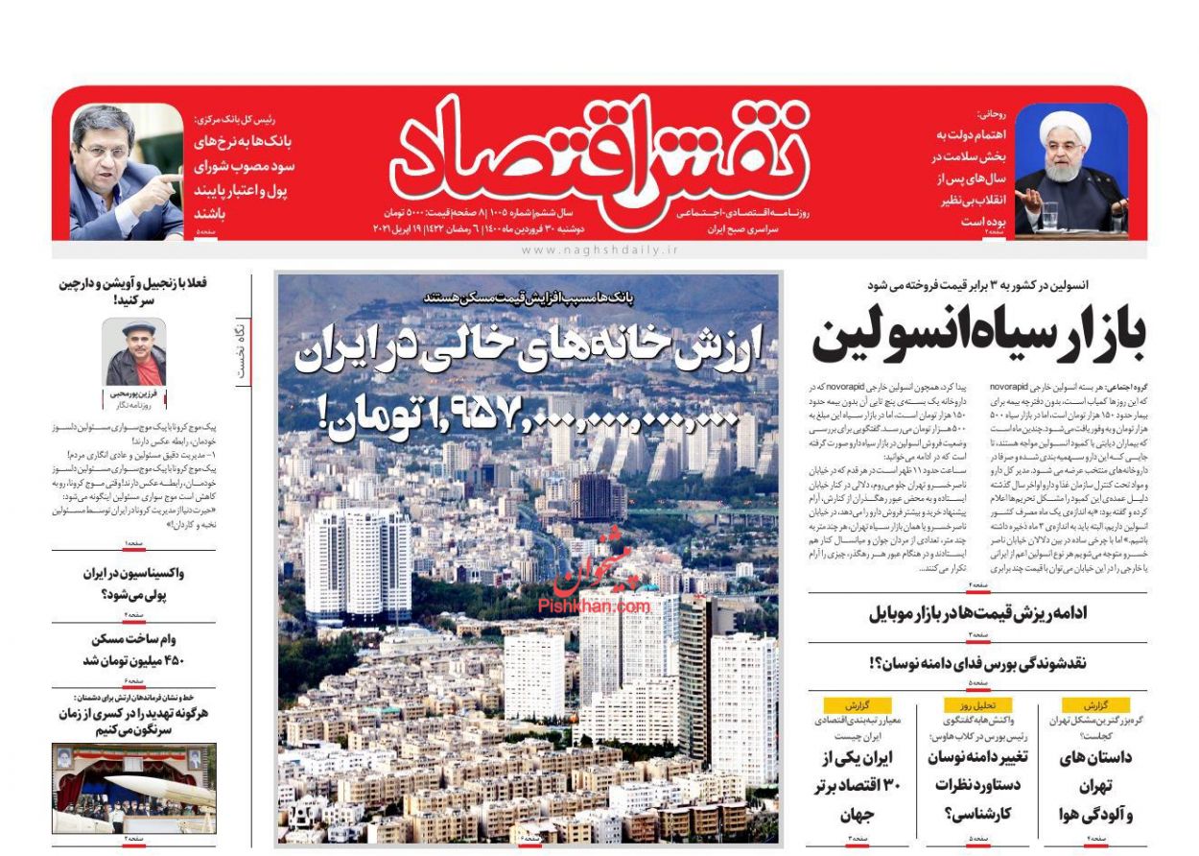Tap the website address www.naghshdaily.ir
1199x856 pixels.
[599, 250]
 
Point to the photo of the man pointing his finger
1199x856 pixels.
[125, 171]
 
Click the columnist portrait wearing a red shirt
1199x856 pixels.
[134, 352]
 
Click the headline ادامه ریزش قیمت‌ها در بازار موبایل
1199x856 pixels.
[978, 614]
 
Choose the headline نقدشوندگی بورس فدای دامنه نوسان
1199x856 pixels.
[978, 663]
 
